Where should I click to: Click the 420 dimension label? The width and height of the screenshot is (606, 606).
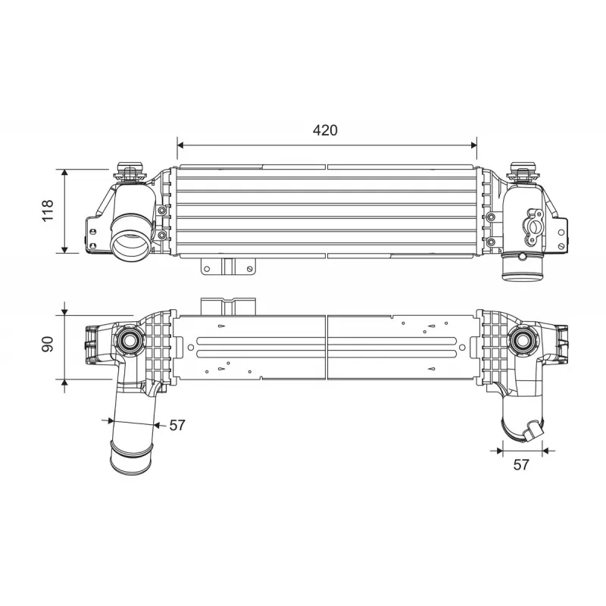[325, 130]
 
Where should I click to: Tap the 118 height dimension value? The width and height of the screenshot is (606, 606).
[48, 211]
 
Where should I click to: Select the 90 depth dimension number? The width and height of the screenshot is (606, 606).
[48, 344]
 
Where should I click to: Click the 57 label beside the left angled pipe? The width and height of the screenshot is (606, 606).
[177, 425]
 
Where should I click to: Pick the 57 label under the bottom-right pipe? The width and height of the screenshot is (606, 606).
[521, 464]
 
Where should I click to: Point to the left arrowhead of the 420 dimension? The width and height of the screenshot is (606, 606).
[180, 145]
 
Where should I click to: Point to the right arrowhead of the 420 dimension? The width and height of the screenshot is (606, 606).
[474, 145]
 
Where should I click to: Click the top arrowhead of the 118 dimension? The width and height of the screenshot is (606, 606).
[64, 173]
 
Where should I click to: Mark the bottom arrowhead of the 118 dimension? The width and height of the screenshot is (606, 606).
[64, 250]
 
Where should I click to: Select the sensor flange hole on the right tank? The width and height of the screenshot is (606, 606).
[534, 226]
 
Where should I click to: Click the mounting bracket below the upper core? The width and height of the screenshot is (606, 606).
[229, 267]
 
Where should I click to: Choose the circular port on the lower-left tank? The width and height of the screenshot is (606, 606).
[130, 340]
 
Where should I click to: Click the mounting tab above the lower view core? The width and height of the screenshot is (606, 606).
[228, 307]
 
